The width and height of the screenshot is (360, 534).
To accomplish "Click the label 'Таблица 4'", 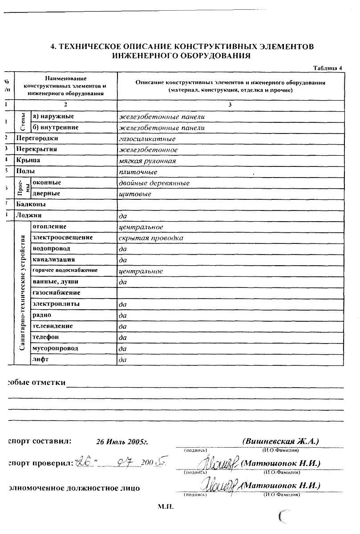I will point(328,68).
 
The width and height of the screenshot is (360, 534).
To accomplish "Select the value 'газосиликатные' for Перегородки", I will point(141,139).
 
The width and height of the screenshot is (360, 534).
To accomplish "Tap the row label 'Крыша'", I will point(28,161).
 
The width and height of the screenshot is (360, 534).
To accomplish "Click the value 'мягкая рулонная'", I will point(148,161).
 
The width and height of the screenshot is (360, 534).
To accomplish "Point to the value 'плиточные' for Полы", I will point(138,172).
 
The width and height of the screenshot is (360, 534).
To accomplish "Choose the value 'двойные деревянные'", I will point(154,183).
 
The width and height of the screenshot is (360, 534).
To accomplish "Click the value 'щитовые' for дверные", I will point(135,194).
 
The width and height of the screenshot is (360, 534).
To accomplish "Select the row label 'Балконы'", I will point(31,205).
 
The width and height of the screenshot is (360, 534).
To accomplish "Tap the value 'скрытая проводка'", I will point(151,238).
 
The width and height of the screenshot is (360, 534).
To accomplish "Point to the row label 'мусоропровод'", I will point(55,348).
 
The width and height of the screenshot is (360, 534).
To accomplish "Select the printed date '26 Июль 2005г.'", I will point(122,442).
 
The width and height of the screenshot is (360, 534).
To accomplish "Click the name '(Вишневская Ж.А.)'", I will point(281,441).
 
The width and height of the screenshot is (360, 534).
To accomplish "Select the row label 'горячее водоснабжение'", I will point(65,271).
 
